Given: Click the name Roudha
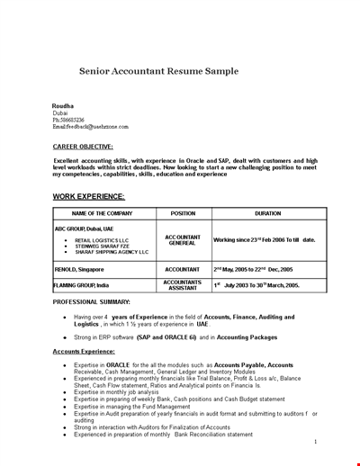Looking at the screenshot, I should point(64,105).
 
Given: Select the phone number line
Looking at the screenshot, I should point(69,120).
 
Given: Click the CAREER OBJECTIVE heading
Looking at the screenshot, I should point(83,146).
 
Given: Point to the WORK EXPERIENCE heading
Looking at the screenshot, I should point(88,196).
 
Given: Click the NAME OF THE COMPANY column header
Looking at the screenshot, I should point(103,213).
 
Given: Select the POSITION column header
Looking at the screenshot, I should point(183,213).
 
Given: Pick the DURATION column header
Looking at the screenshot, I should point(267,213).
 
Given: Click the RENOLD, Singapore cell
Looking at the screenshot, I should point(79,269).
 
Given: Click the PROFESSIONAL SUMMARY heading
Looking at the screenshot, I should point(91,302).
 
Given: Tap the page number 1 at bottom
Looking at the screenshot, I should point(316,442).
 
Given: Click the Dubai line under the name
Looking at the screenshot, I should point(60,112).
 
